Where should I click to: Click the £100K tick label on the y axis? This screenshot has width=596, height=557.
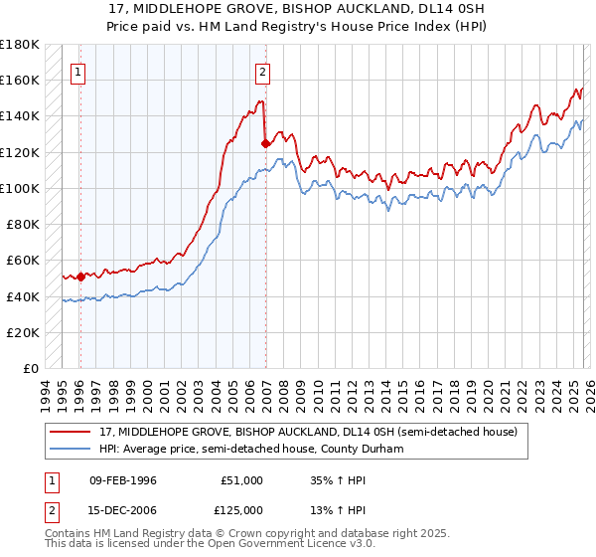point(20,188)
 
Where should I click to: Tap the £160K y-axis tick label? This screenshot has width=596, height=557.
point(20,80)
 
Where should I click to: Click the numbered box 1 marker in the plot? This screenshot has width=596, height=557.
point(78,71)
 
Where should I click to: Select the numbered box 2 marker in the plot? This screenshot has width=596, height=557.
point(262,71)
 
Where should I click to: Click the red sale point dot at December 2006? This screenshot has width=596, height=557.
point(265,143)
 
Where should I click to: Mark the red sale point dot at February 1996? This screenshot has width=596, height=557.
point(80,277)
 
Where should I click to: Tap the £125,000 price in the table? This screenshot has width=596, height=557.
point(242,509)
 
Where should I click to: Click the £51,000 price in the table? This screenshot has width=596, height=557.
point(242,480)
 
